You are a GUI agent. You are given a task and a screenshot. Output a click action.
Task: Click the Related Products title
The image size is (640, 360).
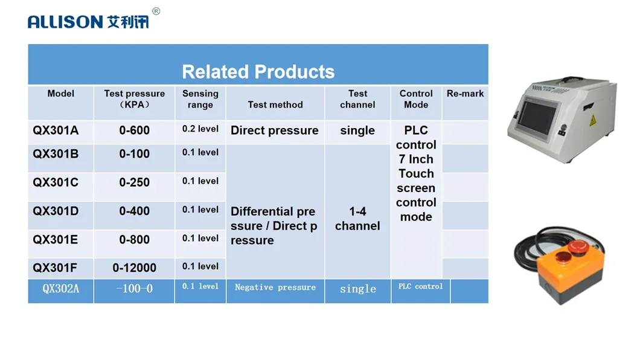click(x=258, y=72)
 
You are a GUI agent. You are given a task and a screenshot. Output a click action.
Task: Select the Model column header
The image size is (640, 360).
click(x=61, y=94)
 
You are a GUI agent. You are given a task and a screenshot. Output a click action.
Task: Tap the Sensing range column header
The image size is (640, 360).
click(x=200, y=99)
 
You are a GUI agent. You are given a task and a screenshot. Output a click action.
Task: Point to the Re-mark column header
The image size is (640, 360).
click(x=465, y=94)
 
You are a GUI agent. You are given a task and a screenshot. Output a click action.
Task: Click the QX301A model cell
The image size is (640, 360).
click(x=56, y=130)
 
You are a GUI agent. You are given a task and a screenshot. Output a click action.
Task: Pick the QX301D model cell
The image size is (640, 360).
click(x=56, y=211)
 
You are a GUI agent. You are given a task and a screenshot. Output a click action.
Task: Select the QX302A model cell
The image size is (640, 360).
click(x=60, y=289)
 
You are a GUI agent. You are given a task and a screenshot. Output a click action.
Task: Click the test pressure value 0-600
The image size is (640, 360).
click(x=134, y=130)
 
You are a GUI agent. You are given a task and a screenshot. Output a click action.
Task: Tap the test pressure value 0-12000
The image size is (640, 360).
click(x=134, y=268)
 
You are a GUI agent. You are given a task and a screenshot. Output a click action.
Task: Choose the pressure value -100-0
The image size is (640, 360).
click(x=134, y=289)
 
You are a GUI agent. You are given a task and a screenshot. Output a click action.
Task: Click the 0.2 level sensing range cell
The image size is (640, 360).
click(x=200, y=129)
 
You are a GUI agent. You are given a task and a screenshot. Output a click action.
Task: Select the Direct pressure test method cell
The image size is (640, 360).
click(x=275, y=130)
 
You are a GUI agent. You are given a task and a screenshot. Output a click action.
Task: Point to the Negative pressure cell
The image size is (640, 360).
click(x=275, y=288)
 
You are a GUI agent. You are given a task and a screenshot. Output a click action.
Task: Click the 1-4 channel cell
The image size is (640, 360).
click(x=357, y=219)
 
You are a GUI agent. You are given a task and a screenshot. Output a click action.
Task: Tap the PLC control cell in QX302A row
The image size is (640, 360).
click(x=420, y=286)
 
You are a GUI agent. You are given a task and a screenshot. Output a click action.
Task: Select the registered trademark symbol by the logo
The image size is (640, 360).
click(x=156, y=11)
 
